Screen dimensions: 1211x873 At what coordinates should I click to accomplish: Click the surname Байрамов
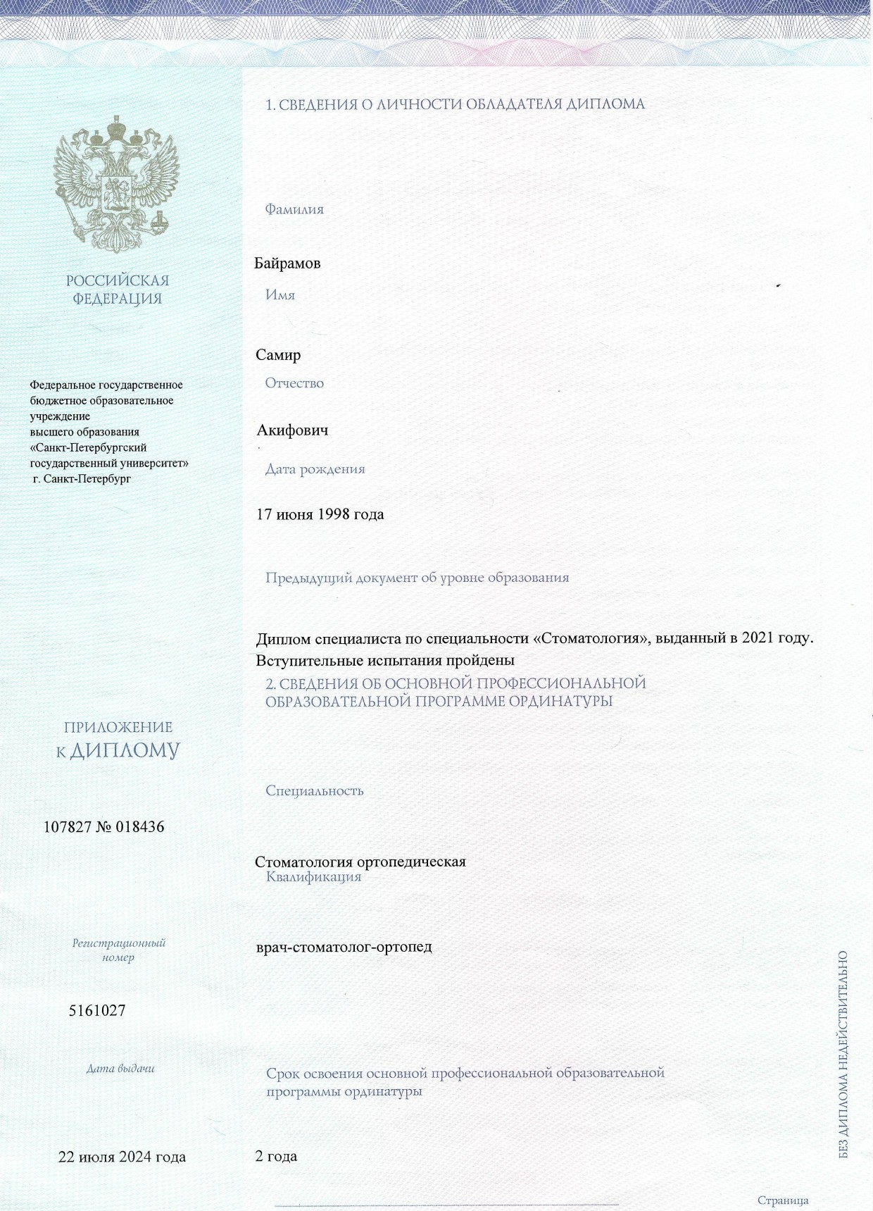tap(287, 263)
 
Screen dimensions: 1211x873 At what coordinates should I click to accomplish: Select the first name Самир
tap(278, 355)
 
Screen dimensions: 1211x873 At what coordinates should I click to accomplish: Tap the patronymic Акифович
tap(292, 430)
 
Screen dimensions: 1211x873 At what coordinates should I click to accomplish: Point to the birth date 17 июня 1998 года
tap(320, 514)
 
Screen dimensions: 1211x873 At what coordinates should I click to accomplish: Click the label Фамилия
tap(294, 209)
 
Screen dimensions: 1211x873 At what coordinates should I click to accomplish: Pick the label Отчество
tap(294, 383)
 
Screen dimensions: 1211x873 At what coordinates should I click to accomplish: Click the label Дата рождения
tap(315, 469)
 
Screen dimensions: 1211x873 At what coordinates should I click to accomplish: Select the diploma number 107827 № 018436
tap(103, 827)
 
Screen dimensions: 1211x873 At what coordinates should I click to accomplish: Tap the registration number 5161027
tap(97, 1011)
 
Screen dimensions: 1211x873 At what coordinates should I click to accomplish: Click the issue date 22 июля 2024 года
tap(122, 1157)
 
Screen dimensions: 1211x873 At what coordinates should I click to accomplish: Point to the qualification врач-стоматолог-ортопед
tap(344, 947)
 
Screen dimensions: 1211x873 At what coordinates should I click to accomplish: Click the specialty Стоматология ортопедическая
tap(360, 862)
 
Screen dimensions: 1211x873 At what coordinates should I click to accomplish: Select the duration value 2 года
tap(275, 1156)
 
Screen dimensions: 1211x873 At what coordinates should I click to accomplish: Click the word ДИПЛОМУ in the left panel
tap(125, 751)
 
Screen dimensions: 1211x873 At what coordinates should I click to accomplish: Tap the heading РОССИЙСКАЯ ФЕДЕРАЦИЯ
tap(118, 290)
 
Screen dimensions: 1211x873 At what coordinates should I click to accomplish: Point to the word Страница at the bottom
tap(783, 1200)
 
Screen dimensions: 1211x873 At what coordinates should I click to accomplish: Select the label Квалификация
tap(313, 877)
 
